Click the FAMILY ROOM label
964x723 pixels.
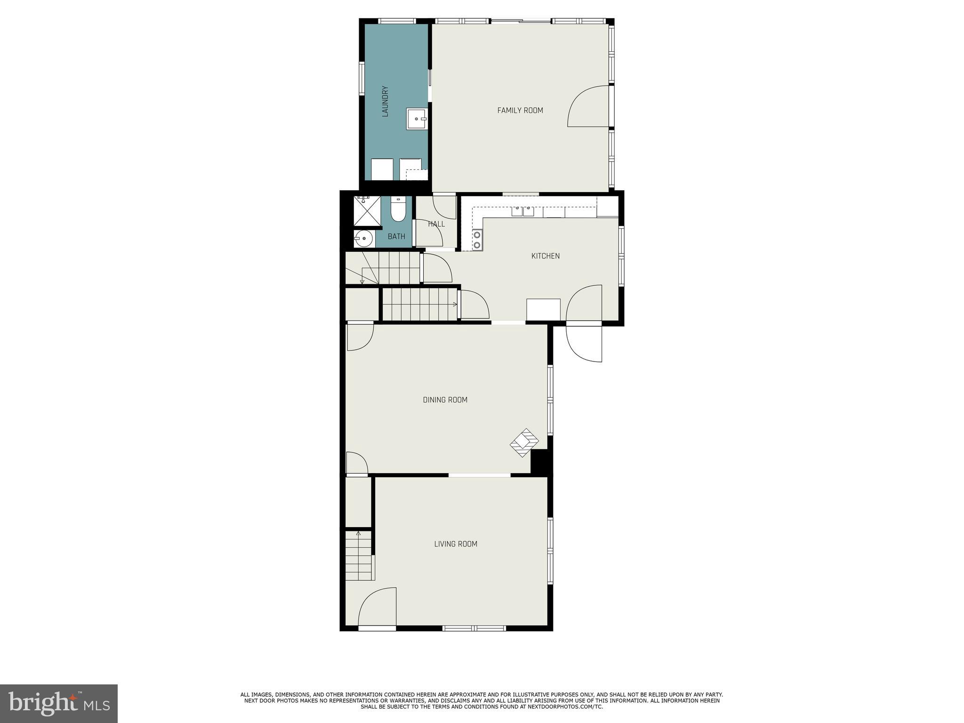pyautogui.click(x=520, y=110)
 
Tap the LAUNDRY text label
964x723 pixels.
pyautogui.click(x=385, y=101)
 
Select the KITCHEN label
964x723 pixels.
pyautogui.click(x=545, y=256)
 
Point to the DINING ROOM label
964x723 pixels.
pyautogui.click(x=445, y=400)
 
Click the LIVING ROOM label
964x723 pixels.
pyautogui.click(x=455, y=544)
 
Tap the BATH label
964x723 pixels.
pyautogui.click(x=396, y=237)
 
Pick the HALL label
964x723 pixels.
pyautogui.click(x=436, y=224)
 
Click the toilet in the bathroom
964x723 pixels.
pyautogui.click(x=398, y=210)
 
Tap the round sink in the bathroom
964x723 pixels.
pyautogui.click(x=363, y=239)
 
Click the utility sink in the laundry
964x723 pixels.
pyautogui.click(x=417, y=119)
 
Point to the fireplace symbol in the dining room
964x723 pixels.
pyautogui.click(x=524, y=442)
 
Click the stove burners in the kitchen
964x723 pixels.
pyautogui.click(x=477, y=240)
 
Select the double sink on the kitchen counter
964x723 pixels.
pyautogui.click(x=522, y=210)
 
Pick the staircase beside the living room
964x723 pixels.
pyautogui.click(x=360, y=556)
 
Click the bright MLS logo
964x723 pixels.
pyautogui.click(x=58, y=703)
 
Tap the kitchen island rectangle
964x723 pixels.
pyautogui.click(x=543, y=309)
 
